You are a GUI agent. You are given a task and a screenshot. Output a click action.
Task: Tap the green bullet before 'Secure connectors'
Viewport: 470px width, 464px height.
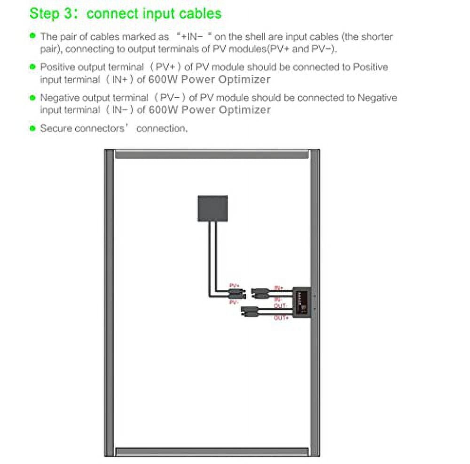[32, 128]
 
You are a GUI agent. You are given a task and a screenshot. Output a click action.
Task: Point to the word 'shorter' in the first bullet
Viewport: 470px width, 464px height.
[376, 37]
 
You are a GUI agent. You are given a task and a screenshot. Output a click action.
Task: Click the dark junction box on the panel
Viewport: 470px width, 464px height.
[212, 208]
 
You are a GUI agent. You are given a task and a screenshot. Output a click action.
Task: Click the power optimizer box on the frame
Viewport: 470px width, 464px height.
[301, 303]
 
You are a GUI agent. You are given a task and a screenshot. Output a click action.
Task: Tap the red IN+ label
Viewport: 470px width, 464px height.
[277, 287]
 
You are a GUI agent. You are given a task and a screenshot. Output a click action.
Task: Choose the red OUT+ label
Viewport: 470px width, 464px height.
[281, 318]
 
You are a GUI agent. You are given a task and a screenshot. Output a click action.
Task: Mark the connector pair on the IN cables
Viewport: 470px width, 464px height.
[259, 293]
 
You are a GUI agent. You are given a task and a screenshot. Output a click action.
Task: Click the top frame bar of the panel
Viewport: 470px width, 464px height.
[211, 154]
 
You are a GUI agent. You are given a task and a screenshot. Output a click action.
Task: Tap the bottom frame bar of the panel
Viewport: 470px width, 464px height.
[211, 452]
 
